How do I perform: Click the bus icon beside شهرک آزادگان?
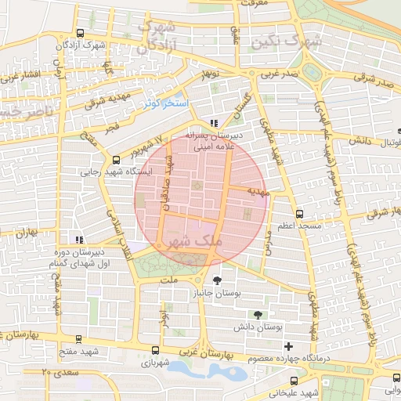pyautogui.click(x=80, y=33)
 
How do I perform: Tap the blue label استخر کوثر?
pyautogui.click(x=164, y=103)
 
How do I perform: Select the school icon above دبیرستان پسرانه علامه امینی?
pyautogui.click(x=214, y=123)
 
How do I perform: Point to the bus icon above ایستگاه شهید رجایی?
pyautogui.click(x=117, y=160)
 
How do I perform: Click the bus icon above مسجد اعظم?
pyautogui.click(x=298, y=214)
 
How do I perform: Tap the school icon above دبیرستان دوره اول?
pyautogui.click(x=77, y=240)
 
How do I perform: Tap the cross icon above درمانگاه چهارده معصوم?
pyautogui.click(x=289, y=345)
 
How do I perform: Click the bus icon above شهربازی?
pyautogui.click(x=155, y=352)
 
